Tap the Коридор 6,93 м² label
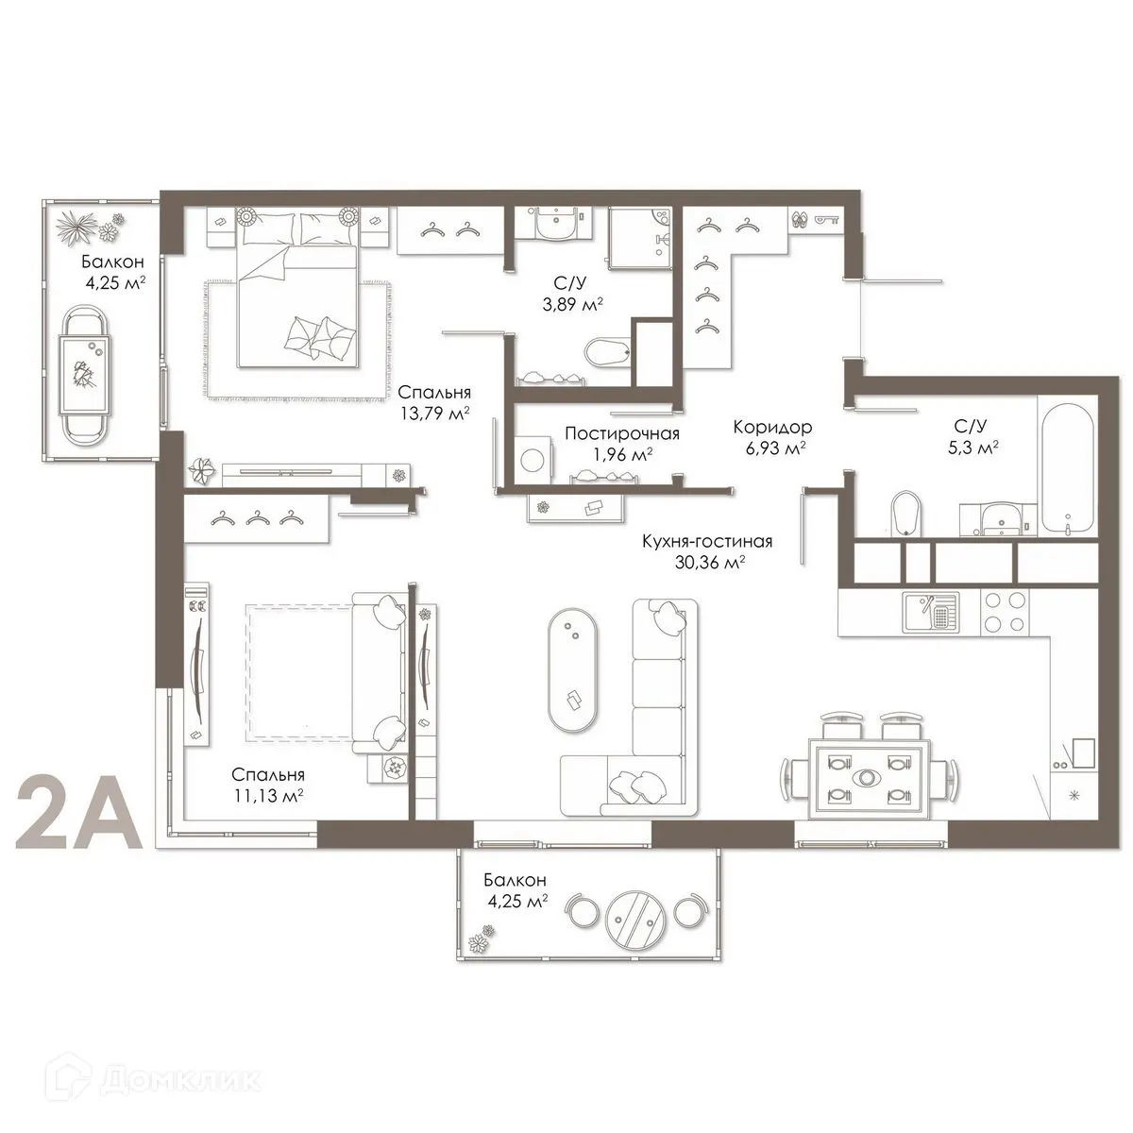(771, 437)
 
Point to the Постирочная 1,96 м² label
(621, 443)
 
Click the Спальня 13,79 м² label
(434, 402)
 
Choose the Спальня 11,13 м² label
(267, 785)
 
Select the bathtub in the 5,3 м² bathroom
(1066, 467)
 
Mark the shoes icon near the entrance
(801, 219)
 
